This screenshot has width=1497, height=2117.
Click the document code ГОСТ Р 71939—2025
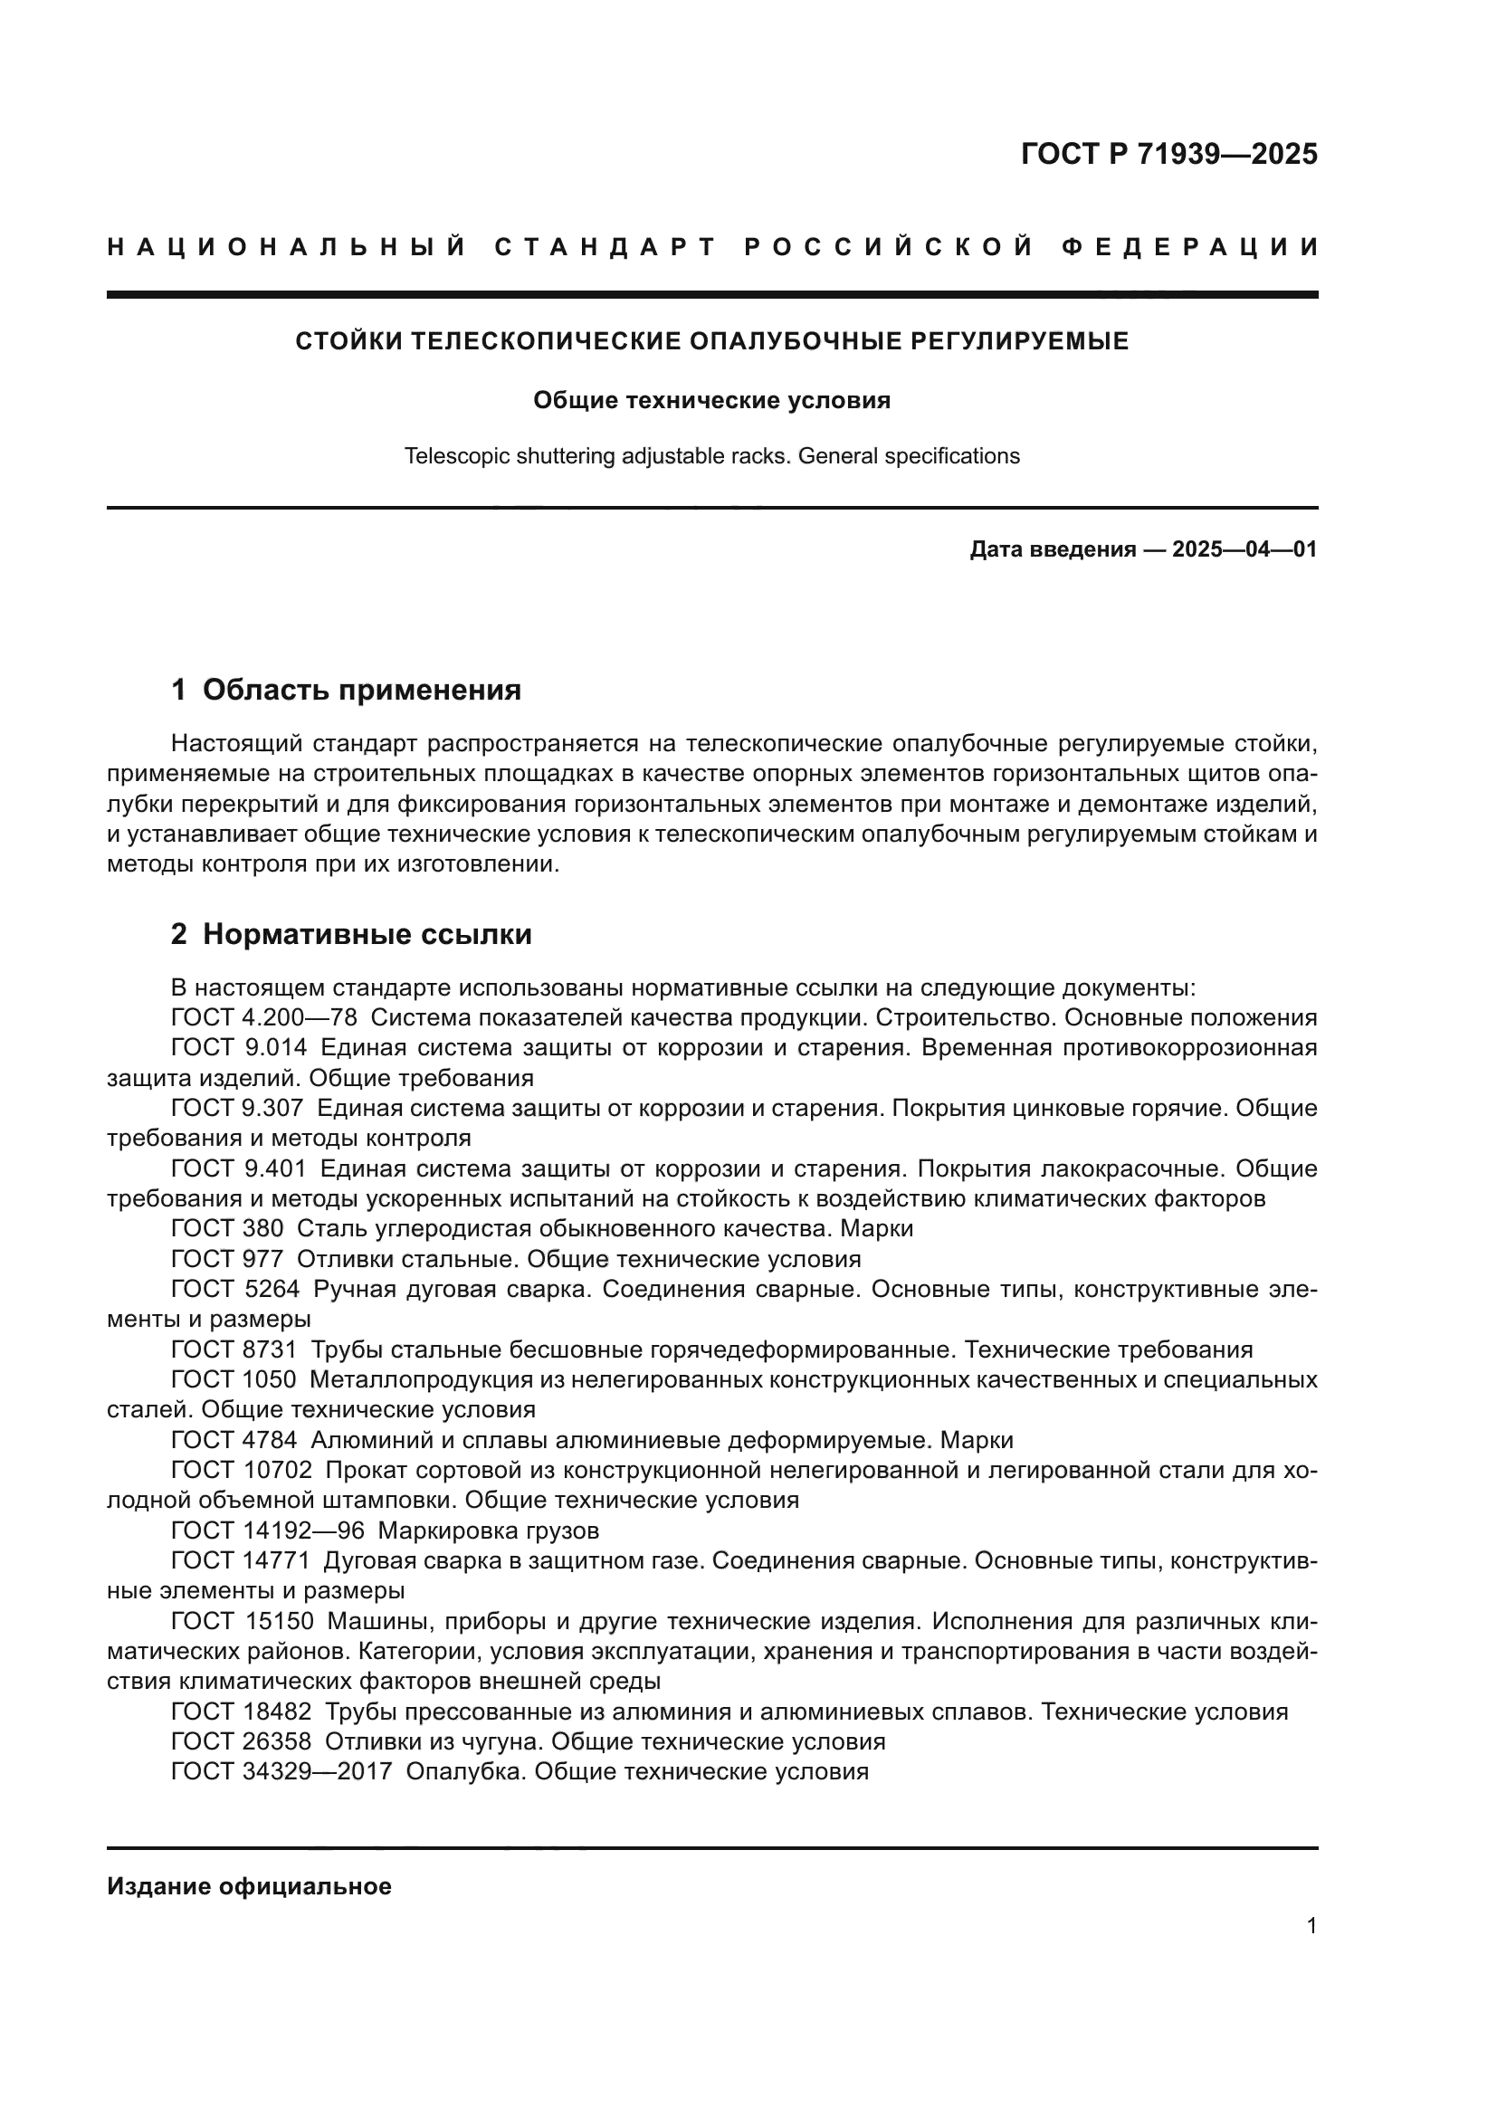coord(1168,154)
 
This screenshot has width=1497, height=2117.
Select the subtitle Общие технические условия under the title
coord(711,400)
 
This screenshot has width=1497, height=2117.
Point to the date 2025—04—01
coord(1244,549)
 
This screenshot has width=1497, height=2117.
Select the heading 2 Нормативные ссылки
coord(351,934)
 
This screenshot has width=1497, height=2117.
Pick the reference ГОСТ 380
coord(227,1229)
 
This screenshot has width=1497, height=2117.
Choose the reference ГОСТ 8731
coord(234,1349)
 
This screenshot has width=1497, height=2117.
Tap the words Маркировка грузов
coord(489,1531)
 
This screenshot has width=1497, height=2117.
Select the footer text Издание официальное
coord(249,1886)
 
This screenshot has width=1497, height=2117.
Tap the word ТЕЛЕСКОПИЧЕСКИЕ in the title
coord(545,342)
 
